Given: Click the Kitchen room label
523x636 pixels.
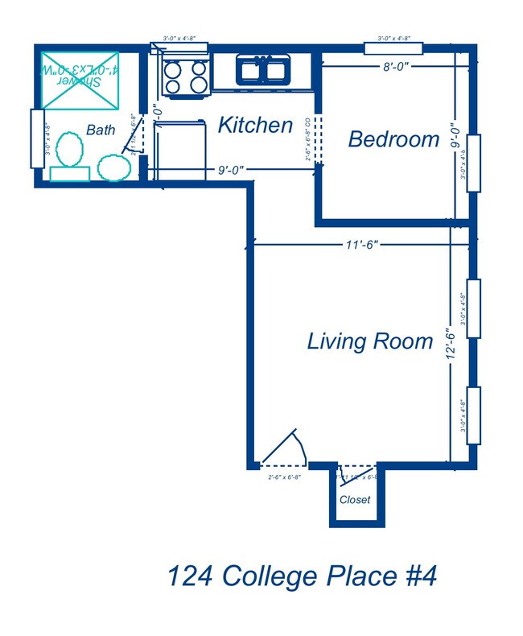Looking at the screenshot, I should tap(255, 126).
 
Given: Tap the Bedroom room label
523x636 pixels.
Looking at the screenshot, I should tap(393, 139).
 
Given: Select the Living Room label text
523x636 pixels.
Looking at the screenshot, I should tap(370, 341).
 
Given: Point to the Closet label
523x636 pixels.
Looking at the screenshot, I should tap(355, 500).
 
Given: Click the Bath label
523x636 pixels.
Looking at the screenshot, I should tap(101, 130).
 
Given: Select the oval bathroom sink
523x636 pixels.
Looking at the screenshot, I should tap(113, 167).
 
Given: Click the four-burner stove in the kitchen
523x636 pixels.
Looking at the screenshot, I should tap(184, 76).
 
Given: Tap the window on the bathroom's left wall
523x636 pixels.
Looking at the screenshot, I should tap(36, 138).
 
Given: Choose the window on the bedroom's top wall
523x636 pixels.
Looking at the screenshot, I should tap(393, 47).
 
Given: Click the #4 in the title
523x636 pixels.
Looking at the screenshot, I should tap(416, 577).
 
